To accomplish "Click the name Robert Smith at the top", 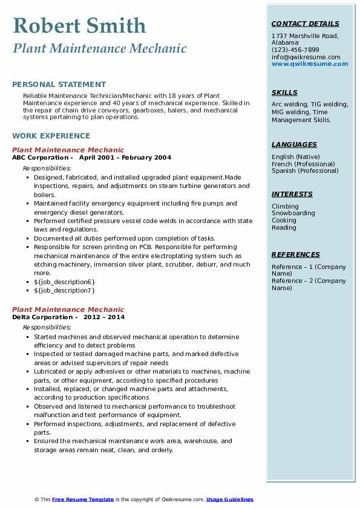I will point(79,26).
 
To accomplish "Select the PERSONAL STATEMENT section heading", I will point(59,85).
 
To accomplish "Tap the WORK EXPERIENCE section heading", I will point(51,136).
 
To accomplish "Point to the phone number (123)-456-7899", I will point(295,50).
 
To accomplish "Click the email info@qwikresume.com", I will point(306,57).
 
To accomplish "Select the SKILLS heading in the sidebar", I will point(284,92).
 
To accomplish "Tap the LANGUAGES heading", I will point(294,144).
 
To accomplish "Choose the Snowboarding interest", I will point(293,213).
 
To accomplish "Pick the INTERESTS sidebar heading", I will point(292,194).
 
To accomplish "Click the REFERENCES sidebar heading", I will point(295,254).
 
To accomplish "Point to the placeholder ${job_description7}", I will point(65,290).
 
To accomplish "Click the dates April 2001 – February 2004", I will point(125,158).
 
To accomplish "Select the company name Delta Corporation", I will point(42,317).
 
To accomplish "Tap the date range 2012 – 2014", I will point(104,317).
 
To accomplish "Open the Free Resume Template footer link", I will point(83,499).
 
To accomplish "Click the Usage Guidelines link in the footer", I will point(229,499).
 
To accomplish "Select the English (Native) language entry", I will point(295,157).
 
